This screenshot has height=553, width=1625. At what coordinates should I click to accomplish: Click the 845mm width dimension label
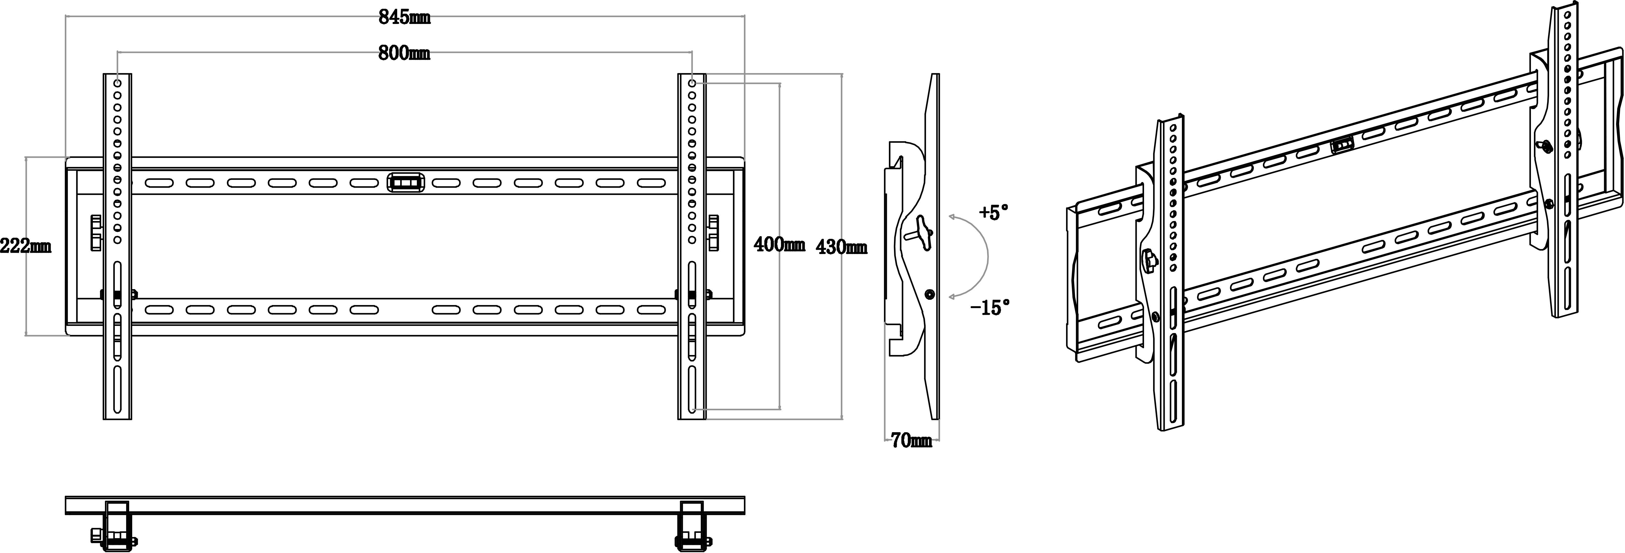[404, 18]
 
